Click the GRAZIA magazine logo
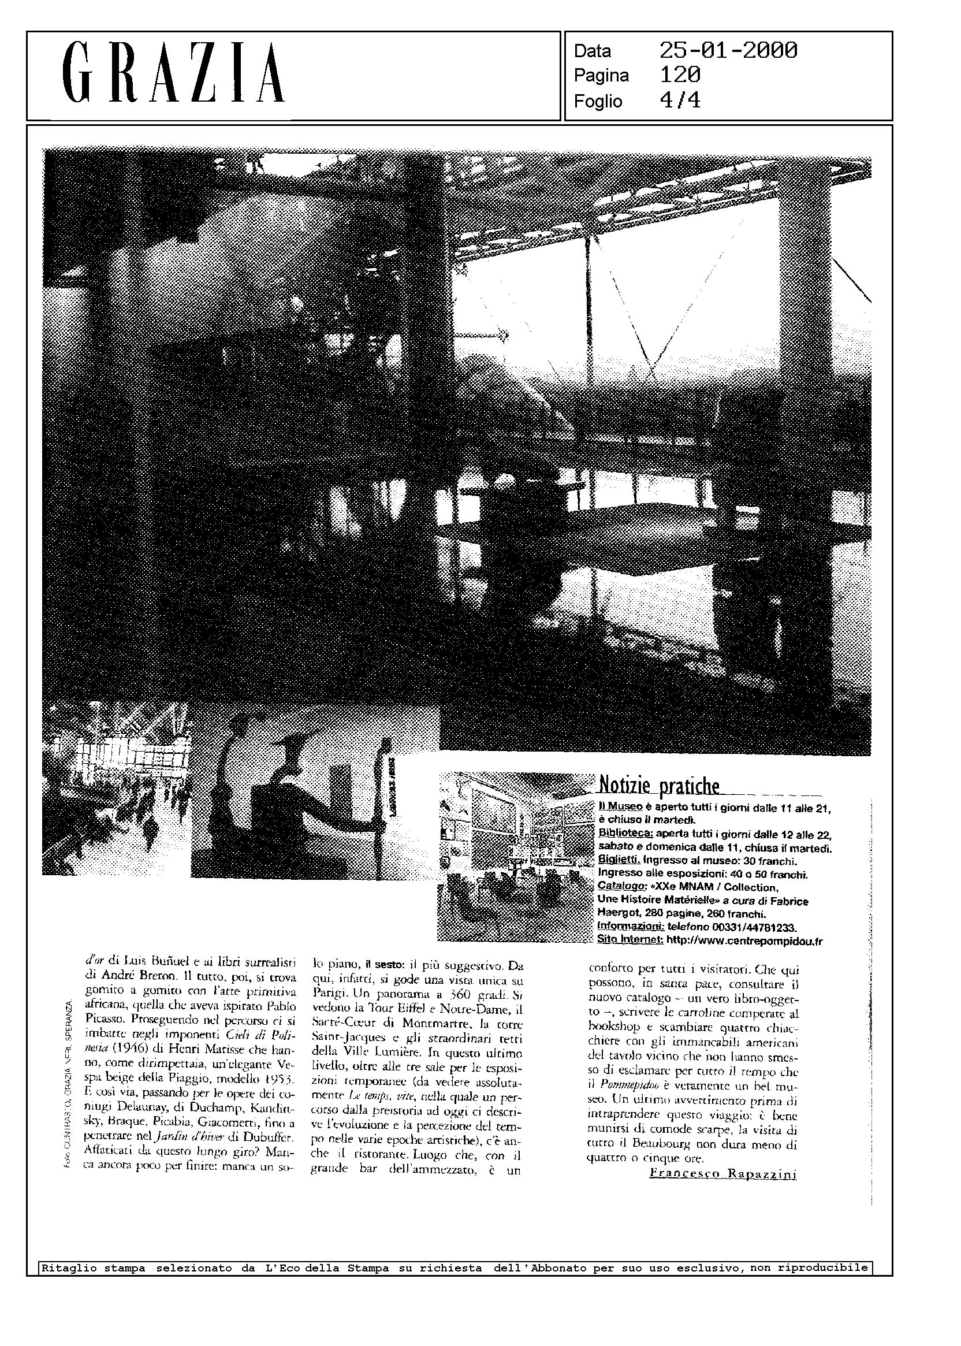click(173, 74)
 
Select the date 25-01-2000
click(728, 51)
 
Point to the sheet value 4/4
click(680, 101)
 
